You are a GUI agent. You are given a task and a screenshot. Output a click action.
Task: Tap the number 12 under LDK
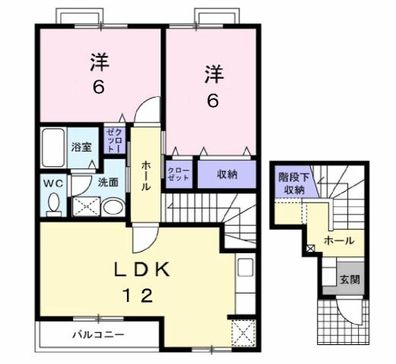pos(139,297)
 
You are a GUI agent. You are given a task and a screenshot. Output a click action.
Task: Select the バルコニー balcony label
pos(99,334)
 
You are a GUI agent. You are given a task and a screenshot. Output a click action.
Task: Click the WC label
pos(51,183)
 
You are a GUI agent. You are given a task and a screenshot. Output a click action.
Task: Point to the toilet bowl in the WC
pos(53,203)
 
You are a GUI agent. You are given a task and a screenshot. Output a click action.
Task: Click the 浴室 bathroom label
pos(81,146)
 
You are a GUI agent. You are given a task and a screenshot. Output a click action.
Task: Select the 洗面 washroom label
pos(107,182)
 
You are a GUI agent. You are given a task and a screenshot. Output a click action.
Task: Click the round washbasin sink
pos(111,207)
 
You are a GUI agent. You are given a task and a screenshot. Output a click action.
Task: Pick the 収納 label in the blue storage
pos(227,174)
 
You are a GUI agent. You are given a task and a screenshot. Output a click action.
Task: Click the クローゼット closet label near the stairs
pos(179,174)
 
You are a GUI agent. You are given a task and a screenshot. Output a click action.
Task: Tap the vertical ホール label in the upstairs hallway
pos(144,175)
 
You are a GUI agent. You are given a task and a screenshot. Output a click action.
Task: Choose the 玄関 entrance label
pos(350,279)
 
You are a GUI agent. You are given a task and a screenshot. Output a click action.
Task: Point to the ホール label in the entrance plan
pos(337,240)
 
